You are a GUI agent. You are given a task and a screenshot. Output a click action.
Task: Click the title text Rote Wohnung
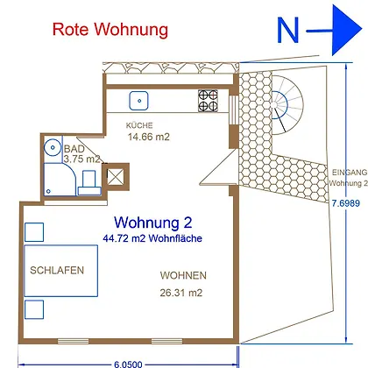coord(110,30)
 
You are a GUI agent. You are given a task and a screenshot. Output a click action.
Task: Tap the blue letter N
coord(288,30)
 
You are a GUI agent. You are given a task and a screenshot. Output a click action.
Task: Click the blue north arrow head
coord(347,30)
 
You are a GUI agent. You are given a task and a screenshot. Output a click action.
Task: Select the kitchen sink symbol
coord(138,101)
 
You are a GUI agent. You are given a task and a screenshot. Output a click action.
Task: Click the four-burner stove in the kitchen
coord(208,101)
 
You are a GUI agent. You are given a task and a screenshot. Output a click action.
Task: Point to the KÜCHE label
coord(139,125)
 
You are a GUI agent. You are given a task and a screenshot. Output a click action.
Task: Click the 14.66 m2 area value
coord(149,137)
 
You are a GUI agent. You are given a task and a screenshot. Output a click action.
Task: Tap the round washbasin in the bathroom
coord(53,147)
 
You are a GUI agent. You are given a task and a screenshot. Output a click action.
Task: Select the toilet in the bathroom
coord(89,183)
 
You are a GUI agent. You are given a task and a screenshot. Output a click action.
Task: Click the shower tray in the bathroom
coord(60,180)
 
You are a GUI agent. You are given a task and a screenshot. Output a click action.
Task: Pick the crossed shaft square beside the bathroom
coord(116,177)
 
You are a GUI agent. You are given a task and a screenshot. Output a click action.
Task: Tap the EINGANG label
coord(350,173)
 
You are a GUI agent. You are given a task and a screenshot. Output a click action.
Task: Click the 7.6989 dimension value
coord(346,203)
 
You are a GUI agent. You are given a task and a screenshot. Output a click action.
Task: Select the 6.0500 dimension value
coord(128,364)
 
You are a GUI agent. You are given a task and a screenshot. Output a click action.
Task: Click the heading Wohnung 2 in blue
coord(153,223)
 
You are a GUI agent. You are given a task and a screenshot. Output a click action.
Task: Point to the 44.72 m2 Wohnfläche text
coord(152,238)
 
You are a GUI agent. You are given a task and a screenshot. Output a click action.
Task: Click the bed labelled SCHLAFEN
coord(60,271)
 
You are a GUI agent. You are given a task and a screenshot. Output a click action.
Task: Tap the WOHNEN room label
coord(183,275)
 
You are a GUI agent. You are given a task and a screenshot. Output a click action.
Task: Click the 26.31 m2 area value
coord(181,293)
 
